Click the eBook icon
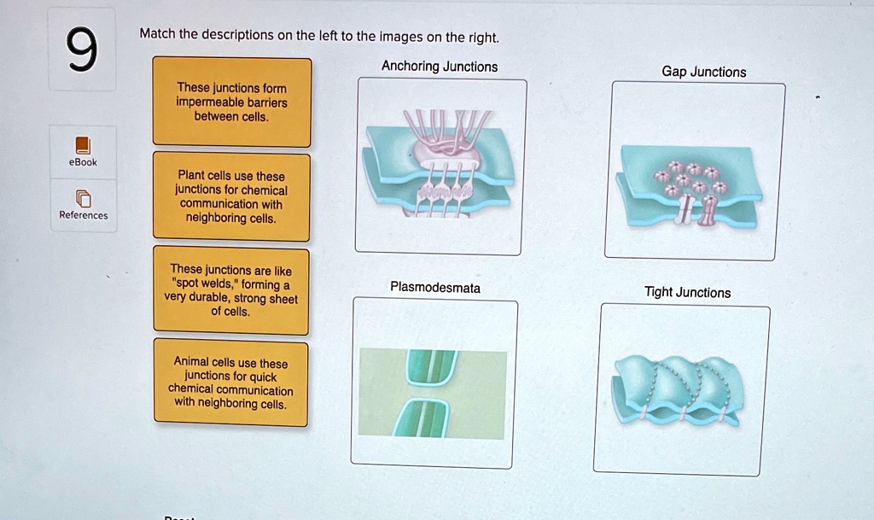coord(83,144)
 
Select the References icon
coord(83,199)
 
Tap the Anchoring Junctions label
coord(440,67)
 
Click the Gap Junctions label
coord(703,72)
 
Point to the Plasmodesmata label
coord(434,288)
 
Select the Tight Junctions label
coord(687,292)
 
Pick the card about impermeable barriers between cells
coord(231,102)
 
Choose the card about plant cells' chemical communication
coord(231,196)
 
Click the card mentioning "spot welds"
coord(231,290)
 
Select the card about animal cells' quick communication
coord(230,383)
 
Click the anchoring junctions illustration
coord(440,167)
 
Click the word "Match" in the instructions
coord(156,35)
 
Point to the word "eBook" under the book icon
coord(83,162)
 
